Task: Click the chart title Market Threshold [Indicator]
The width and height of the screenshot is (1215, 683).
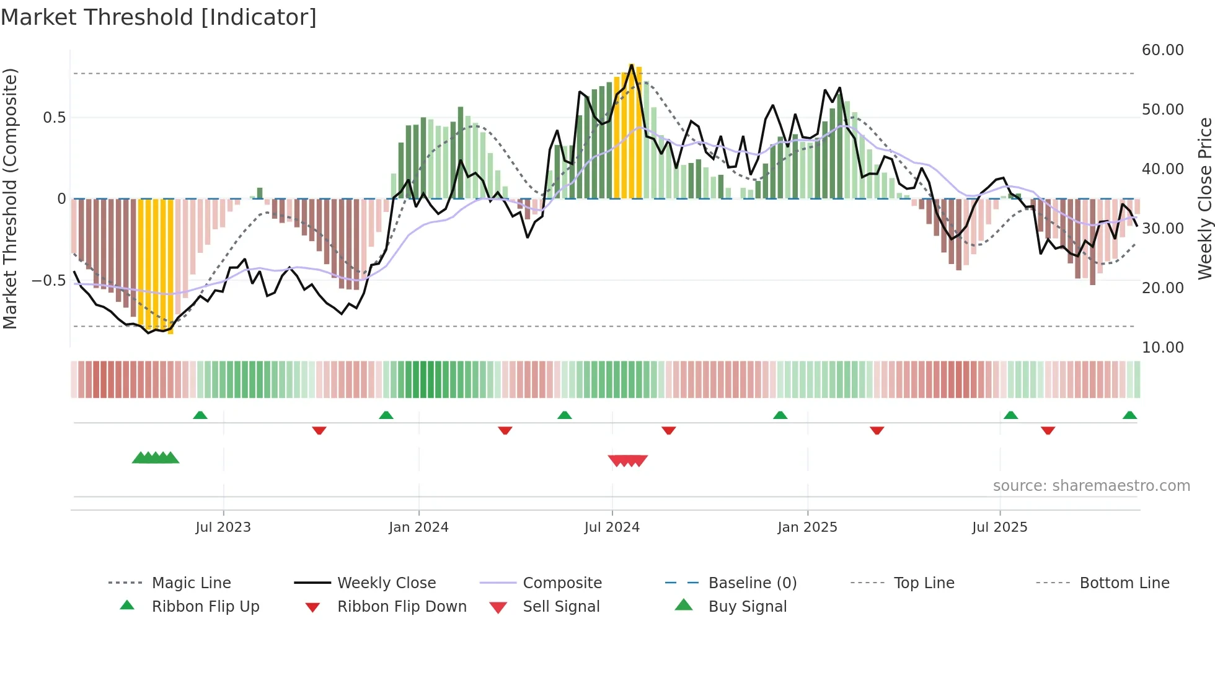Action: pos(159,17)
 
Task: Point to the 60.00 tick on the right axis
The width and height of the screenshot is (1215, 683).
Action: pos(1162,50)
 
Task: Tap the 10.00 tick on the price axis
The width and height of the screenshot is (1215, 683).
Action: pos(1162,348)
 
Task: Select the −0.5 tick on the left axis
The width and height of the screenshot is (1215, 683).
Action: pos(49,281)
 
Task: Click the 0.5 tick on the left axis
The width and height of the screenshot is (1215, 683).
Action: pos(55,118)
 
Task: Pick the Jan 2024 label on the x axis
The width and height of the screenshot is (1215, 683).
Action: pos(418,527)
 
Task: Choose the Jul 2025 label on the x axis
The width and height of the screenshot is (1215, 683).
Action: pos(999,527)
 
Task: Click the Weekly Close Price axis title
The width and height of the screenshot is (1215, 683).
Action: pos(1204,198)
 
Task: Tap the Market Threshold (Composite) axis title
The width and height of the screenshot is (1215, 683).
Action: pos(11,198)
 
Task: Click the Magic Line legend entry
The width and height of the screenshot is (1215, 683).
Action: pos(191,583)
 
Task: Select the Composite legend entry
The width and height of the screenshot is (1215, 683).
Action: pos(562,583)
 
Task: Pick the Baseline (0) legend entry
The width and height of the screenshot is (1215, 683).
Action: pos(752,583)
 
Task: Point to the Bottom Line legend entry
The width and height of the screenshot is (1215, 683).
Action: pos(1124,583)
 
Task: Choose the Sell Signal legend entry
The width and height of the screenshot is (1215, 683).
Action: pos(560,607)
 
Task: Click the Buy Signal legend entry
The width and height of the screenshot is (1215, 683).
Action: pos(747,607)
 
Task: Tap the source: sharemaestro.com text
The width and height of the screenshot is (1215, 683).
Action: pos(1091,486)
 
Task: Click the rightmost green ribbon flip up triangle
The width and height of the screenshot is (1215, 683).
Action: pos(1129,415)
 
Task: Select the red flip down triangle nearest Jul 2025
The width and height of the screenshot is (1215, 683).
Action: pos(1048,430)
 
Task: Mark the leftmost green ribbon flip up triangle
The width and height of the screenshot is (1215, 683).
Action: pos(200,415)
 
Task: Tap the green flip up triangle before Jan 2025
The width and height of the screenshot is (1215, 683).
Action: pos(780,415)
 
